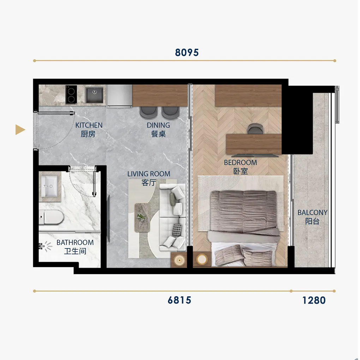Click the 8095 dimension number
click(x=187, y=53)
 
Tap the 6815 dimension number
click(x=179, y=300)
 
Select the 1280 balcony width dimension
click(x=314, y=300)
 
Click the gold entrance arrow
click(x=20, y=130)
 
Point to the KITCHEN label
click(x=89, y=125)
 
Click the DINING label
click(x=158, y=125)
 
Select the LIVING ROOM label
click(x=149, y=174)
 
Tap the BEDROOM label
click(x=240, y=163)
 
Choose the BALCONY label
click(x=312, y=212)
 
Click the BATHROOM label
click(x=75, y=242)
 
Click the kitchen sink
click(x=94, y=95)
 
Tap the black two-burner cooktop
click(x=71, y=95)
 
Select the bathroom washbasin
click(x=49, y=186)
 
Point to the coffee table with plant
click(x=142, y=217)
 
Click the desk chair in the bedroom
click(x=256, y=128)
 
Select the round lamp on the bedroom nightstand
click(x=202, y=260)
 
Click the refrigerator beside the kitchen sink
click(x=119, y=96)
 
